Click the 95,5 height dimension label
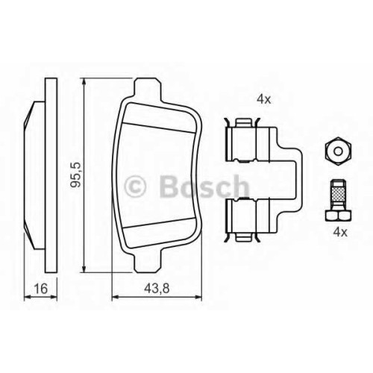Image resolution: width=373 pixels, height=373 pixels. (x=75, y=175)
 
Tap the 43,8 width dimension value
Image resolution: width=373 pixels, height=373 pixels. (x=157, y=289)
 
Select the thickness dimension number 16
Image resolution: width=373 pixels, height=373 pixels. (x=40, y=289)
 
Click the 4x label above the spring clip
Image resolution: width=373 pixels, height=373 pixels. (x=264, y=99)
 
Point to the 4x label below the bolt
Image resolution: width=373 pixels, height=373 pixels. (x=340, y=232)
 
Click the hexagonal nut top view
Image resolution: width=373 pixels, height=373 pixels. (x=338, y=151)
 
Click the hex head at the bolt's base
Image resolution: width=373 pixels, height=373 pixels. (x=338, y=216)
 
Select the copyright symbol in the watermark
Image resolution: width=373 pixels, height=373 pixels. (x=134, y=186)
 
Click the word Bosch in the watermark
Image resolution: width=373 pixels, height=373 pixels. (x=204, y=186)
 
